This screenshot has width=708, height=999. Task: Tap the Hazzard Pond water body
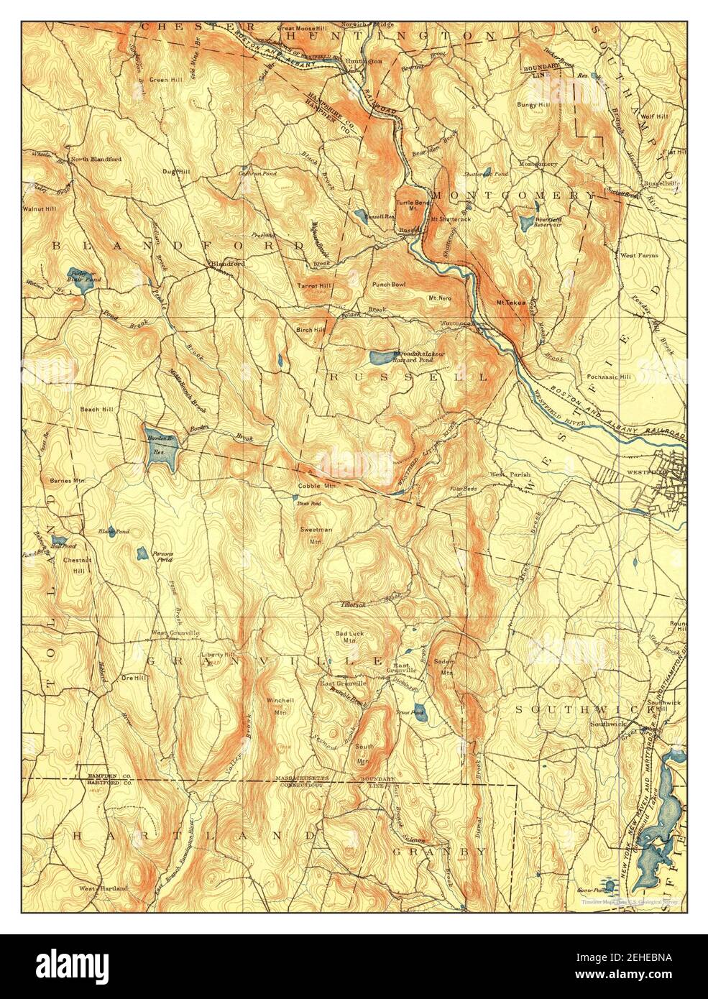point(380,356)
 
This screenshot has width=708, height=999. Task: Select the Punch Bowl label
point(389,284)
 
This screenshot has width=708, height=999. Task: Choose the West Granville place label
point(175,632)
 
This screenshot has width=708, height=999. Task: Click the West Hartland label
point(104,888)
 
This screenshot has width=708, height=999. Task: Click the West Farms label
point(638,254)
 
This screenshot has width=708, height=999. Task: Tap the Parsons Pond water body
point(142,553)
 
